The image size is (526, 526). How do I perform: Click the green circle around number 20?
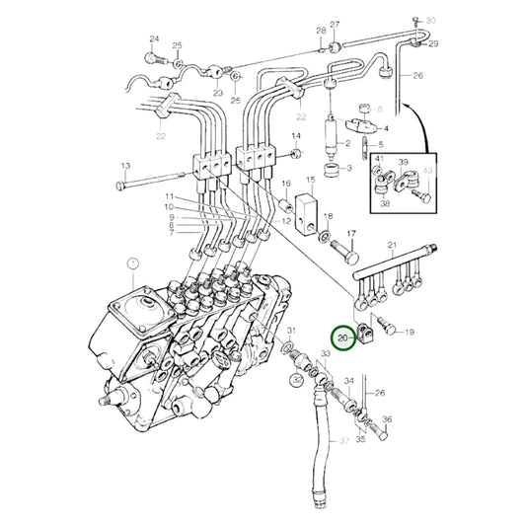pyautogui.click(x=344, y=338)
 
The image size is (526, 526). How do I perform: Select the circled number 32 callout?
pyautogui.click(x=297, y=377)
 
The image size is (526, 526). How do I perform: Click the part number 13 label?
pyautogui.click(x=125, y=165)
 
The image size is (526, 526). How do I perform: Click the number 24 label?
pyautogui.click(x=153, y=39)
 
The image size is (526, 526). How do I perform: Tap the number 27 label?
pyautogui.click(x=335, y=24)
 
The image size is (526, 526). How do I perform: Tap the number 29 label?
pyautogui.click(x=432, y=44)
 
